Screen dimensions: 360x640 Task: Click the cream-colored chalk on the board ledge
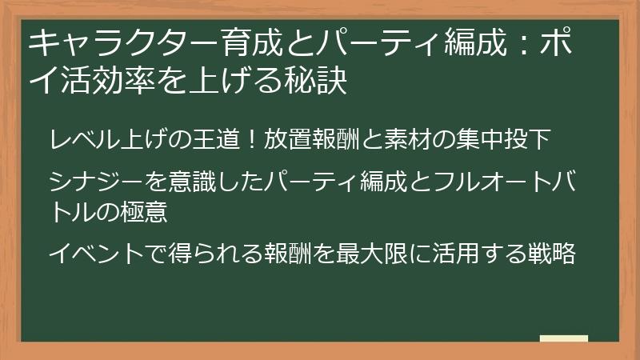564,338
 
